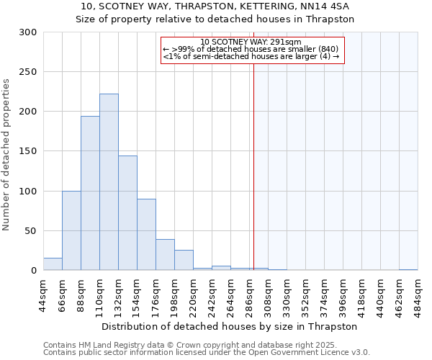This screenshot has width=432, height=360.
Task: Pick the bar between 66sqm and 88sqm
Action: tap(71, 230)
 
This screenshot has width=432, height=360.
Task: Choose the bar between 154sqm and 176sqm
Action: tap(146, 235)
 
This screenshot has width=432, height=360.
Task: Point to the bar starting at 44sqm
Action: tap(53, 264)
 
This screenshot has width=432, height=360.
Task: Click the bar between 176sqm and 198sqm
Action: tap(165, 255)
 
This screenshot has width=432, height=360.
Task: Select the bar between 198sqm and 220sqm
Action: tap(184, 261)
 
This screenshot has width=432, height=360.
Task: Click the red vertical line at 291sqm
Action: tap(253, 158)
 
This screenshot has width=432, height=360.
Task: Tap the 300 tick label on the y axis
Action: tap(28, 32)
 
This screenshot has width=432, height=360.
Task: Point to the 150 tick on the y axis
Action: tap(28, 152)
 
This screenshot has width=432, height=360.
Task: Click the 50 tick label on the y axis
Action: tap(31, 231)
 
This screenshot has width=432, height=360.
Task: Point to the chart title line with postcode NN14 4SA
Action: tap(215, 6)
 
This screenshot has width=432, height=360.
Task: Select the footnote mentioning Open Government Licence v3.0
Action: tap(207, 353)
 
